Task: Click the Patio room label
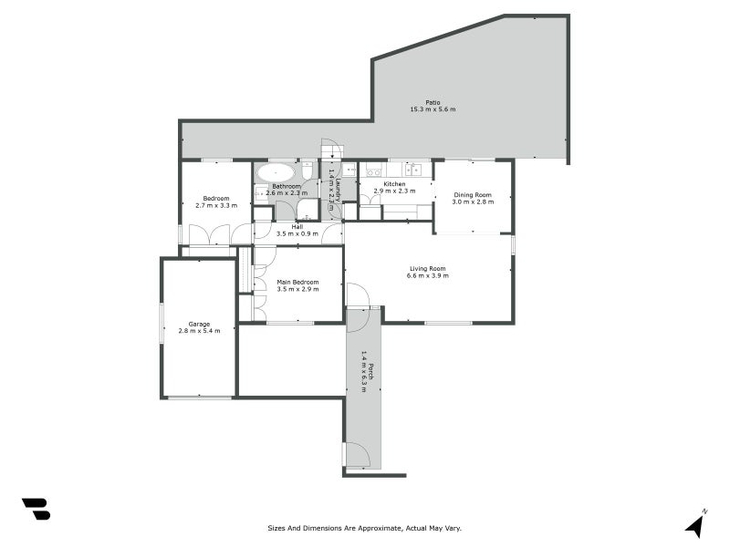click(x=433, y=102)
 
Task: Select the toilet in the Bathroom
click(x=308, y=170)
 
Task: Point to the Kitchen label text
click(x=394, y=184)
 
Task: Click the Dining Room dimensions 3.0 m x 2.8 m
click(x=473, y=202)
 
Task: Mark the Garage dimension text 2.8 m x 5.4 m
click(x=199, y=332)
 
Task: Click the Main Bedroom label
click(x=297, y=282)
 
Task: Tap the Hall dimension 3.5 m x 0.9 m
click(x=297, y=234)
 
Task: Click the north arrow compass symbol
click(x=696, y=524)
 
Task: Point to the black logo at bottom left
click(x=36, y=509)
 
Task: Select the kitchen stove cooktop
click(x=372, y=170)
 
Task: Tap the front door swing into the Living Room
click(x=358, y=295)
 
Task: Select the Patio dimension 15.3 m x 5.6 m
click(x=433, y=109)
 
